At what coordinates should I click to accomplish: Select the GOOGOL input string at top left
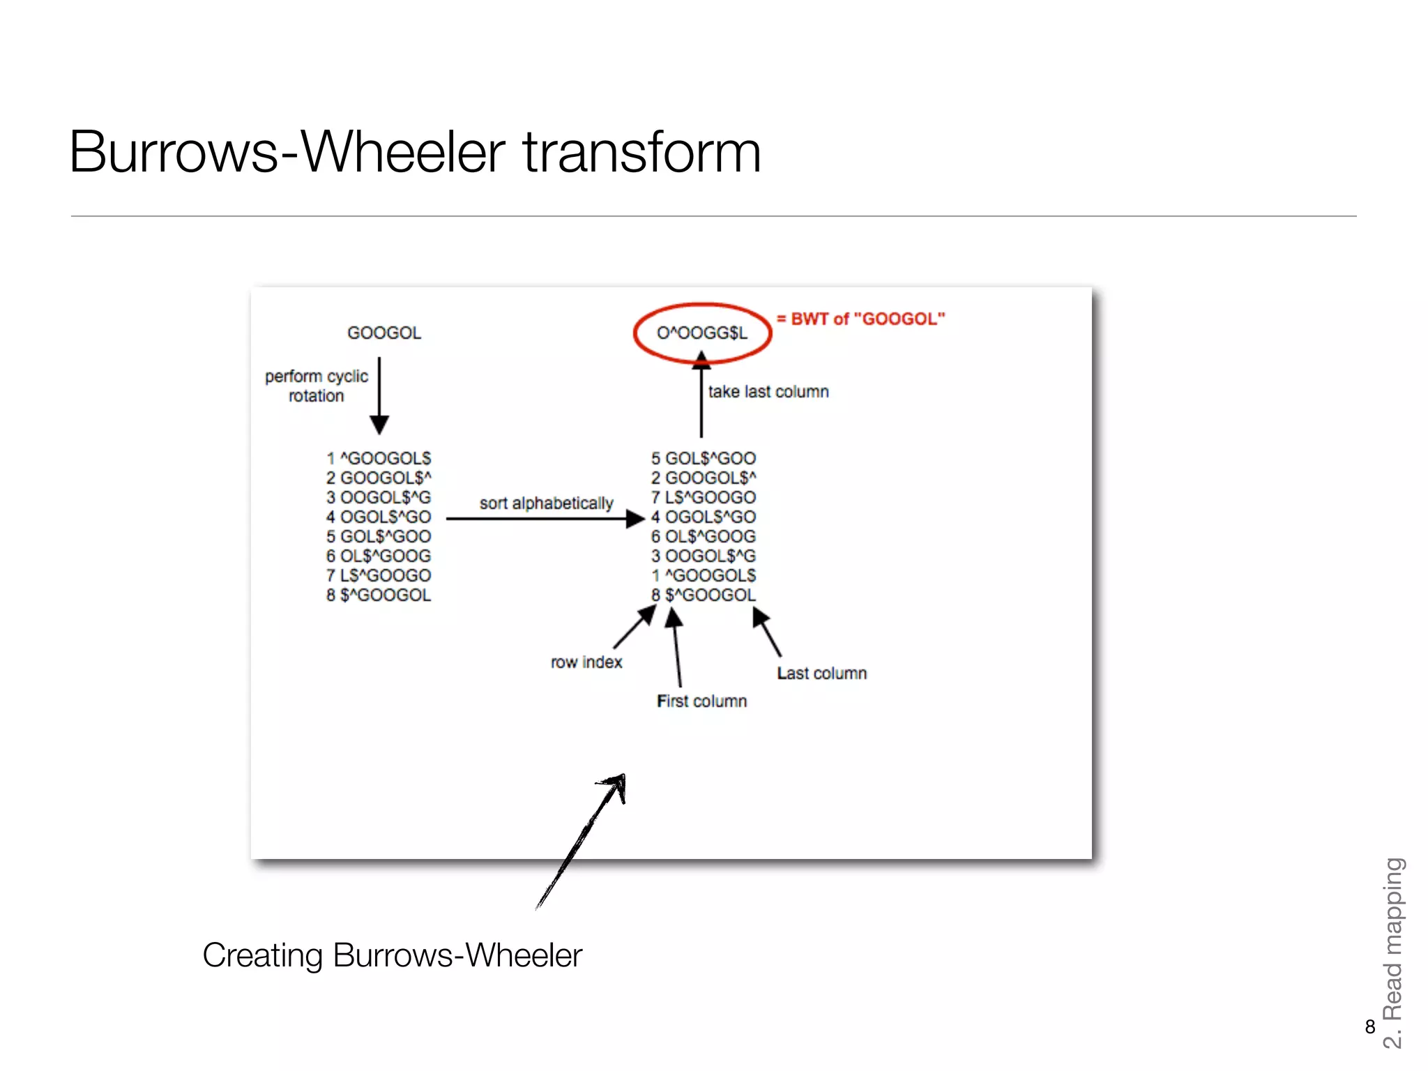(x=384, y=333)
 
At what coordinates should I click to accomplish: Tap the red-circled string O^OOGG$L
(x=702, y=333)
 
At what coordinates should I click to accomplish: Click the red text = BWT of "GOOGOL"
(x=861, y=319)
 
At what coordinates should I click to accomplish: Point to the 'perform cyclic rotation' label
(x=317, y=386)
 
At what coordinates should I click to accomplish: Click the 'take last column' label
(x=768, y=392)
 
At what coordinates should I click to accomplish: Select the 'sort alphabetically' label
(x=546, y=503)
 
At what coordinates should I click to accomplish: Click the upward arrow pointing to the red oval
(x=701, y=397)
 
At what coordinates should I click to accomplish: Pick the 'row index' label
(x=586, y=662)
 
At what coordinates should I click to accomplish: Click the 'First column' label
(x=701, y=701)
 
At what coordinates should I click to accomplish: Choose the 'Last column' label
(x=822, y=674)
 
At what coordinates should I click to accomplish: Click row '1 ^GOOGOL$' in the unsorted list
(x=379, y=459)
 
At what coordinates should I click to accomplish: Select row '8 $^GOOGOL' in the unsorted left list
(x=379, y=595)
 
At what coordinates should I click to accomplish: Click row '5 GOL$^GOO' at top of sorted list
(x=704, y=459)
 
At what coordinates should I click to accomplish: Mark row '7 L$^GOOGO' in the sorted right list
(x=704, y=498)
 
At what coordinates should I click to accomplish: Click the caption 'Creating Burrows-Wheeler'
(x=392, y=955)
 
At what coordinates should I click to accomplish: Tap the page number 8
(x=1370, y=1027)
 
